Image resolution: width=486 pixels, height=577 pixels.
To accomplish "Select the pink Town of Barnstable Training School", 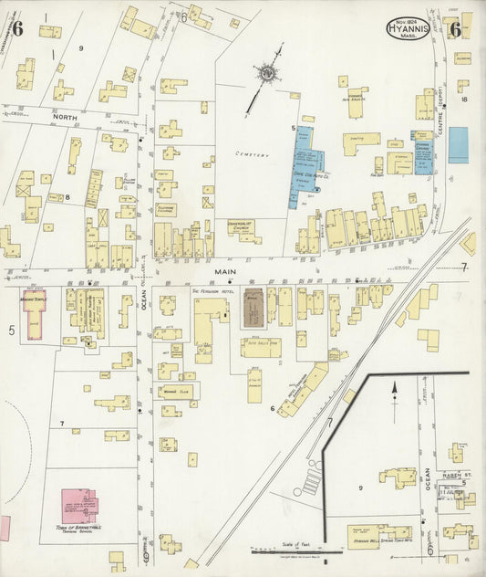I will [x=79, y=505].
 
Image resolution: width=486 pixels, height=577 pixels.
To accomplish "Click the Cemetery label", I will [x=252, y=155].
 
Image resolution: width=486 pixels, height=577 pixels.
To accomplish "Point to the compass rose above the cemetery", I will [x=267, y=73].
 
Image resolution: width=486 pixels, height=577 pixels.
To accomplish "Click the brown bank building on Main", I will [x=254, y=308].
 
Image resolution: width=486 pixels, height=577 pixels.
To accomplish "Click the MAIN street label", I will [x=224, y=270].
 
